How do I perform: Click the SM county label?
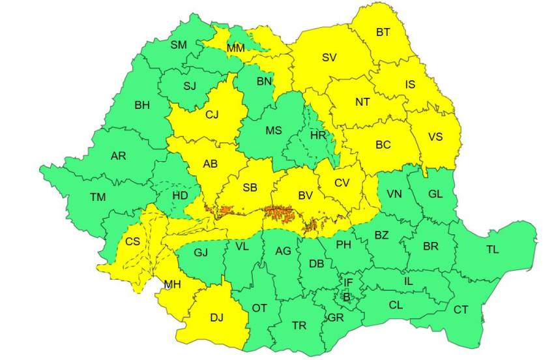[x=179, y=45]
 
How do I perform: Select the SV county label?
[x=329, y=57]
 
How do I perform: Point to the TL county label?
[x=492, y=249]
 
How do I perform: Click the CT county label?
[x=461, y=309]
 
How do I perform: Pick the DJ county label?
[x=216, y=318]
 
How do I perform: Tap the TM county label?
[x=98, y=196]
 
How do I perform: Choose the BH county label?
[x=141, y=105]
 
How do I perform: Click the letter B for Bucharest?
[x=346, y=297]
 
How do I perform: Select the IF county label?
[x=348, y=282]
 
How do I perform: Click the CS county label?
[x=132, y=241]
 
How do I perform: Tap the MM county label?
[x=235, y=48]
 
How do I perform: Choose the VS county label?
[x=435, y=137]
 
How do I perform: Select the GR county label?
[x=336, y=318]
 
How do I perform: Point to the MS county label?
[x=274, y=130]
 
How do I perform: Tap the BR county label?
[x=430, y=247]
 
